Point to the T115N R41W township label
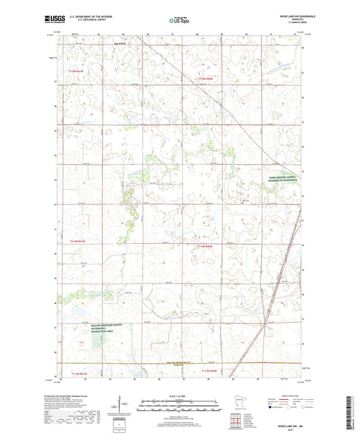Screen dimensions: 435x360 click(x=78, y=70)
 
